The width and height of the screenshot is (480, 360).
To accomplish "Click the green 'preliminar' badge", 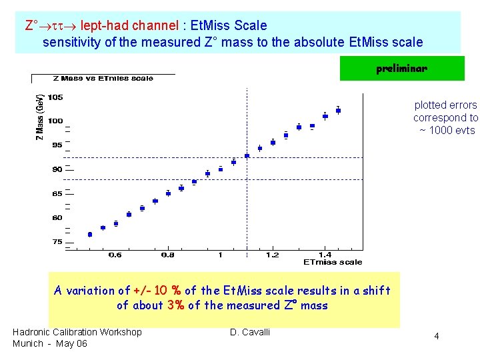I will (x=401, y=69).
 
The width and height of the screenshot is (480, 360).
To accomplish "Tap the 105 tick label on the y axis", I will (x=55, y=97).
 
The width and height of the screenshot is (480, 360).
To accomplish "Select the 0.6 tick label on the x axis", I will (x=115, y=255).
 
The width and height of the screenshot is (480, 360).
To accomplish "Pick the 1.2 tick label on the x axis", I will (x=272, y=255).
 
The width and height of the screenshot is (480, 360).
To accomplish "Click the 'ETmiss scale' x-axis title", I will (x=333, y=262).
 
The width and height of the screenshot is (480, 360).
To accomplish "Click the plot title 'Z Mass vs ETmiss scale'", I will (x=103, y=79).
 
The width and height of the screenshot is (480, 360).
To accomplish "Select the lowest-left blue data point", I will (x=90, y=234).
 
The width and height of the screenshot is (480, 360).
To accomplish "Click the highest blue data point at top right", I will (x=338, y=110).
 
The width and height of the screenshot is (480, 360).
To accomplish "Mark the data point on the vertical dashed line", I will (x=247, y=156).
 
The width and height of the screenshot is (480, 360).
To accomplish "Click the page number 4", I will (x=437, y=337).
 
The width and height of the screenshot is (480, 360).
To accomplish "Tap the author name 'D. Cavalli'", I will (x=250, y=332).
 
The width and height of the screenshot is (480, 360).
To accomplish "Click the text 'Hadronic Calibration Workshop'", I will (x=77, y=332).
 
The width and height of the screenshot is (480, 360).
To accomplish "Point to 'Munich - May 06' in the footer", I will (x=50, y=343).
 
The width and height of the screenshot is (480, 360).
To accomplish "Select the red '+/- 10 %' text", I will (x=157, y=291).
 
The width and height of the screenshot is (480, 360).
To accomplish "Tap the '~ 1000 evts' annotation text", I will (x=447, y=130).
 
